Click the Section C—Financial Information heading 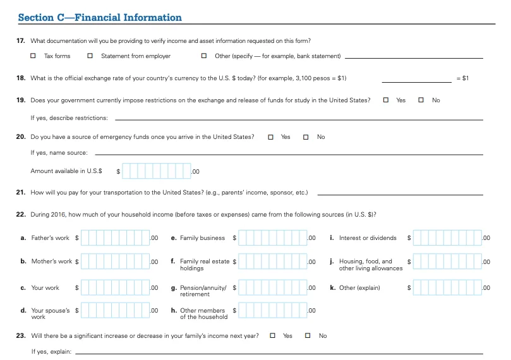tap(100, 18)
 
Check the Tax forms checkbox tap(33, 56)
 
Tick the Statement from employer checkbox tap(90, 56)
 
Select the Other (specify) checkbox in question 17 tap(203, 56)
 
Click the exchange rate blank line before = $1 tap(416, 79)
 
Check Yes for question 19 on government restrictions tap(386, 100)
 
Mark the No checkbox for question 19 tap(421, 100)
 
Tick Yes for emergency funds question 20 tap(271, 137)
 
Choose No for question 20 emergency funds tap(306, 137)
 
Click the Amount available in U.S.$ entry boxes tap(156, 171)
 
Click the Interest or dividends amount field tap(447, 238)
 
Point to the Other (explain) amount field tap(447, 287)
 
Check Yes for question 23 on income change tap(273, 335)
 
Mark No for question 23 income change tap(308, 335)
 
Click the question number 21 tap(20, 192)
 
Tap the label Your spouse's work tap(48, 313)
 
